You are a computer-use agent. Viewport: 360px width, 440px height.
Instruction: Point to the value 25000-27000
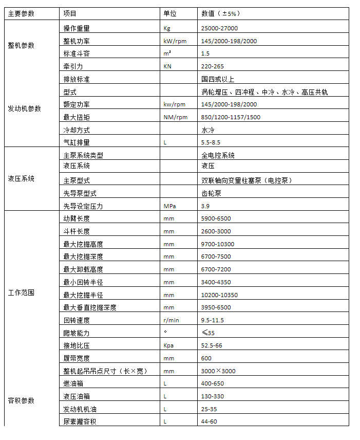[219, 28]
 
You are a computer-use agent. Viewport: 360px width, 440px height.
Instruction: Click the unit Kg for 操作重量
[166, 28]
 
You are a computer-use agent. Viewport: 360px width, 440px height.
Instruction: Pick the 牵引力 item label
[73, 66]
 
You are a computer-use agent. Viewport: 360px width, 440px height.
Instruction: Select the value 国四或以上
[218, 79]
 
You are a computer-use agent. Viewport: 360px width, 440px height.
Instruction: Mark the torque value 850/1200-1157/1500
[231, 117]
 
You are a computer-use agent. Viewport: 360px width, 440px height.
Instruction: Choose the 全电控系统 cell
[218, 155]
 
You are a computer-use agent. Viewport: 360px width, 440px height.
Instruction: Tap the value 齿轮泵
[211, 193]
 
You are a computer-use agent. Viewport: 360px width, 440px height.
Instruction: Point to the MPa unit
[169, 206]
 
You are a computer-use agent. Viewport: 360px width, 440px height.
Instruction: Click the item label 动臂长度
[76, 218]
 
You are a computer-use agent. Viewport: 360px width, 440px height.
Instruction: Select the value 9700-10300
[218, 244]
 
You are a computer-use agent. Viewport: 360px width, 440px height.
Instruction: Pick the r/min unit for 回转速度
[170, 320]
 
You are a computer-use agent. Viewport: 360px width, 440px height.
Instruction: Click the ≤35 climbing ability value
[208, 333]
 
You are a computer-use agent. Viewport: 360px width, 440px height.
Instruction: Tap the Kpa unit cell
[168, 345]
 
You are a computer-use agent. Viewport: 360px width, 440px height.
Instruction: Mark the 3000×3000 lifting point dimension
[218, 371]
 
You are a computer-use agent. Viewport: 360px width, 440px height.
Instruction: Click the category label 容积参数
[21, 400]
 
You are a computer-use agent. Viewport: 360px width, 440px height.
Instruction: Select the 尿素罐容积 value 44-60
[210, 421]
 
